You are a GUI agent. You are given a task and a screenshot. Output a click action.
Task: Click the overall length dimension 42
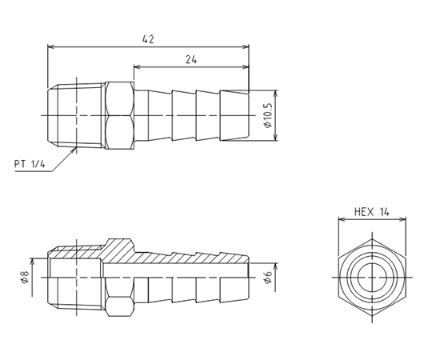pyautogui.click(x=148, y=40)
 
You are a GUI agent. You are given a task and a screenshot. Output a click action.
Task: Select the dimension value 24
pyautogui.click(x=191, y=60)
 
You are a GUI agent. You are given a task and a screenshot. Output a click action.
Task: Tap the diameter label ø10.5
pyautogui.click(x=267, y=115)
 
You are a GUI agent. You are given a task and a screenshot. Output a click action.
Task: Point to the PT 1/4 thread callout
pyautogui.click(x=30, y=165)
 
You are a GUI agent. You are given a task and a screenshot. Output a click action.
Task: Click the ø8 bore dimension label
pyautogui.click(x=25, y=277)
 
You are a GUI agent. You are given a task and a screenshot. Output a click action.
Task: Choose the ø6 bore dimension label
pyautogui.click(x=267, y=277)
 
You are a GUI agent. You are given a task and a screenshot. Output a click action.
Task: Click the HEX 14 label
pyautogui.click(x=372, y=212)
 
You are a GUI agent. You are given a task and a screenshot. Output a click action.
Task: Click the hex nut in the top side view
pyautogui.click(x=119, y=115)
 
